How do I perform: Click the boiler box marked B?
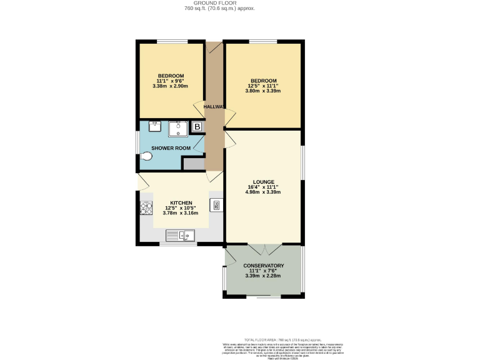point(197,127)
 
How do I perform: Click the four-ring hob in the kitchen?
point(146,209)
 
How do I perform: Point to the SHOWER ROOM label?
point(171,148)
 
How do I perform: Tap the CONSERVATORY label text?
point(263,266)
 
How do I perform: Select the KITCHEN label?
point(181,203)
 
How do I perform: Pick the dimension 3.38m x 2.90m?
point(170,86)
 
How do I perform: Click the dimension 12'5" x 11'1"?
point(263,86)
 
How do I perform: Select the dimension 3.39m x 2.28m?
point(263,276)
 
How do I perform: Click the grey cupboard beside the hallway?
point(194,164)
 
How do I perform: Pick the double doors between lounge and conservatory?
point(263,249)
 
